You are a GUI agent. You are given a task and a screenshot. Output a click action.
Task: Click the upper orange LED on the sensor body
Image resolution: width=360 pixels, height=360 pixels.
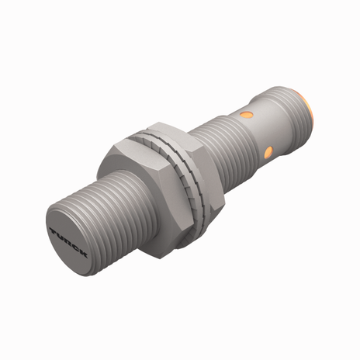pyautogui.click(x=247, y=117)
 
